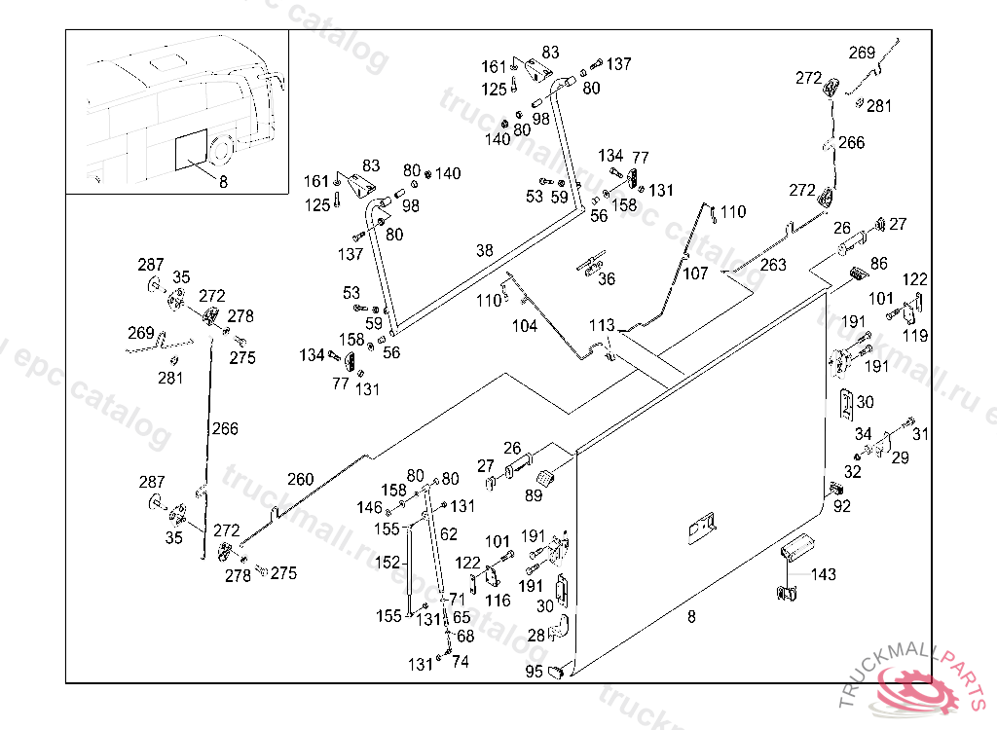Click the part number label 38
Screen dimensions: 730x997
[485, 250]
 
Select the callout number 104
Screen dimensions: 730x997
[525, 326]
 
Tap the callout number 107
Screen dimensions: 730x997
[695, 274]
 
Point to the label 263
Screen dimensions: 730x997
[773, 265]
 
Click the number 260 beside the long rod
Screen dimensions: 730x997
[301, 478]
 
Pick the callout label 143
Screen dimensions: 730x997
[824, 574]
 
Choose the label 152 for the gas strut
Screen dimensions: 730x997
[388, 563]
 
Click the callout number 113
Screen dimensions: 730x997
[602, 325]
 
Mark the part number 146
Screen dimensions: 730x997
[370, 507]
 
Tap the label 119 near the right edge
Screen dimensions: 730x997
[915, 336]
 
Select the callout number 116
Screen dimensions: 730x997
[498, 601]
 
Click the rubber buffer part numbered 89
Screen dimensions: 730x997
[543, 479]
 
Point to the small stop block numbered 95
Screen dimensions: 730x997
[559, 670]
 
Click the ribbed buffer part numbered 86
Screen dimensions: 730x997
[856, 274]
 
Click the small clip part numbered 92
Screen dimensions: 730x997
[835, 489]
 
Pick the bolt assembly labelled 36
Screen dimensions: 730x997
[591, 263]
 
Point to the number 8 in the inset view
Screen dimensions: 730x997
[223, 181]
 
